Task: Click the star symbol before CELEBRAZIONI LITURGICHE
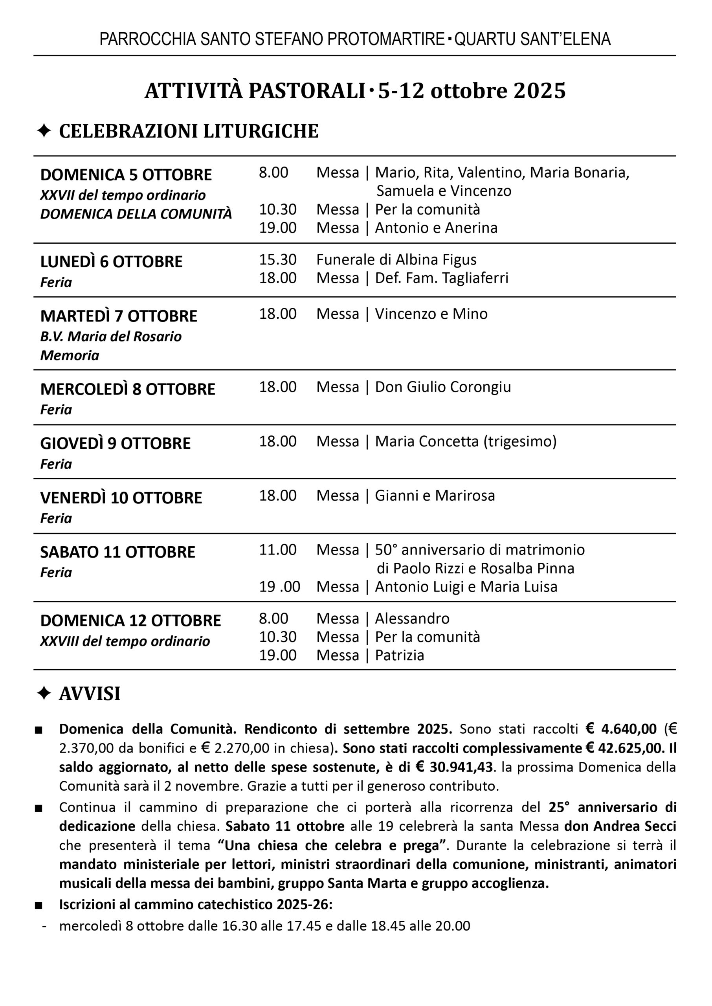click(44, 131)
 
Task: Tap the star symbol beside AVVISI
click(44, 694)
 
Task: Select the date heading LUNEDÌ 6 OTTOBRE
click(111, 262)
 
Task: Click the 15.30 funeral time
click(277, 259)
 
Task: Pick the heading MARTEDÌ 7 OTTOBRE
click(119, 316)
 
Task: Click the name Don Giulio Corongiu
click(443, 387)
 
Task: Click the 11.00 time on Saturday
click(277, 550)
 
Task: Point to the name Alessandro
click(412, 619)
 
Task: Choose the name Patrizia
click(399, 655)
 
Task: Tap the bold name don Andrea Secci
click(620, 826)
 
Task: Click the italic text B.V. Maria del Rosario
click(111, 337)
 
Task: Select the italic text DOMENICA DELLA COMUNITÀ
click(136, 214)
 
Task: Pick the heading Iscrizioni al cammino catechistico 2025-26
click(196, 904)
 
